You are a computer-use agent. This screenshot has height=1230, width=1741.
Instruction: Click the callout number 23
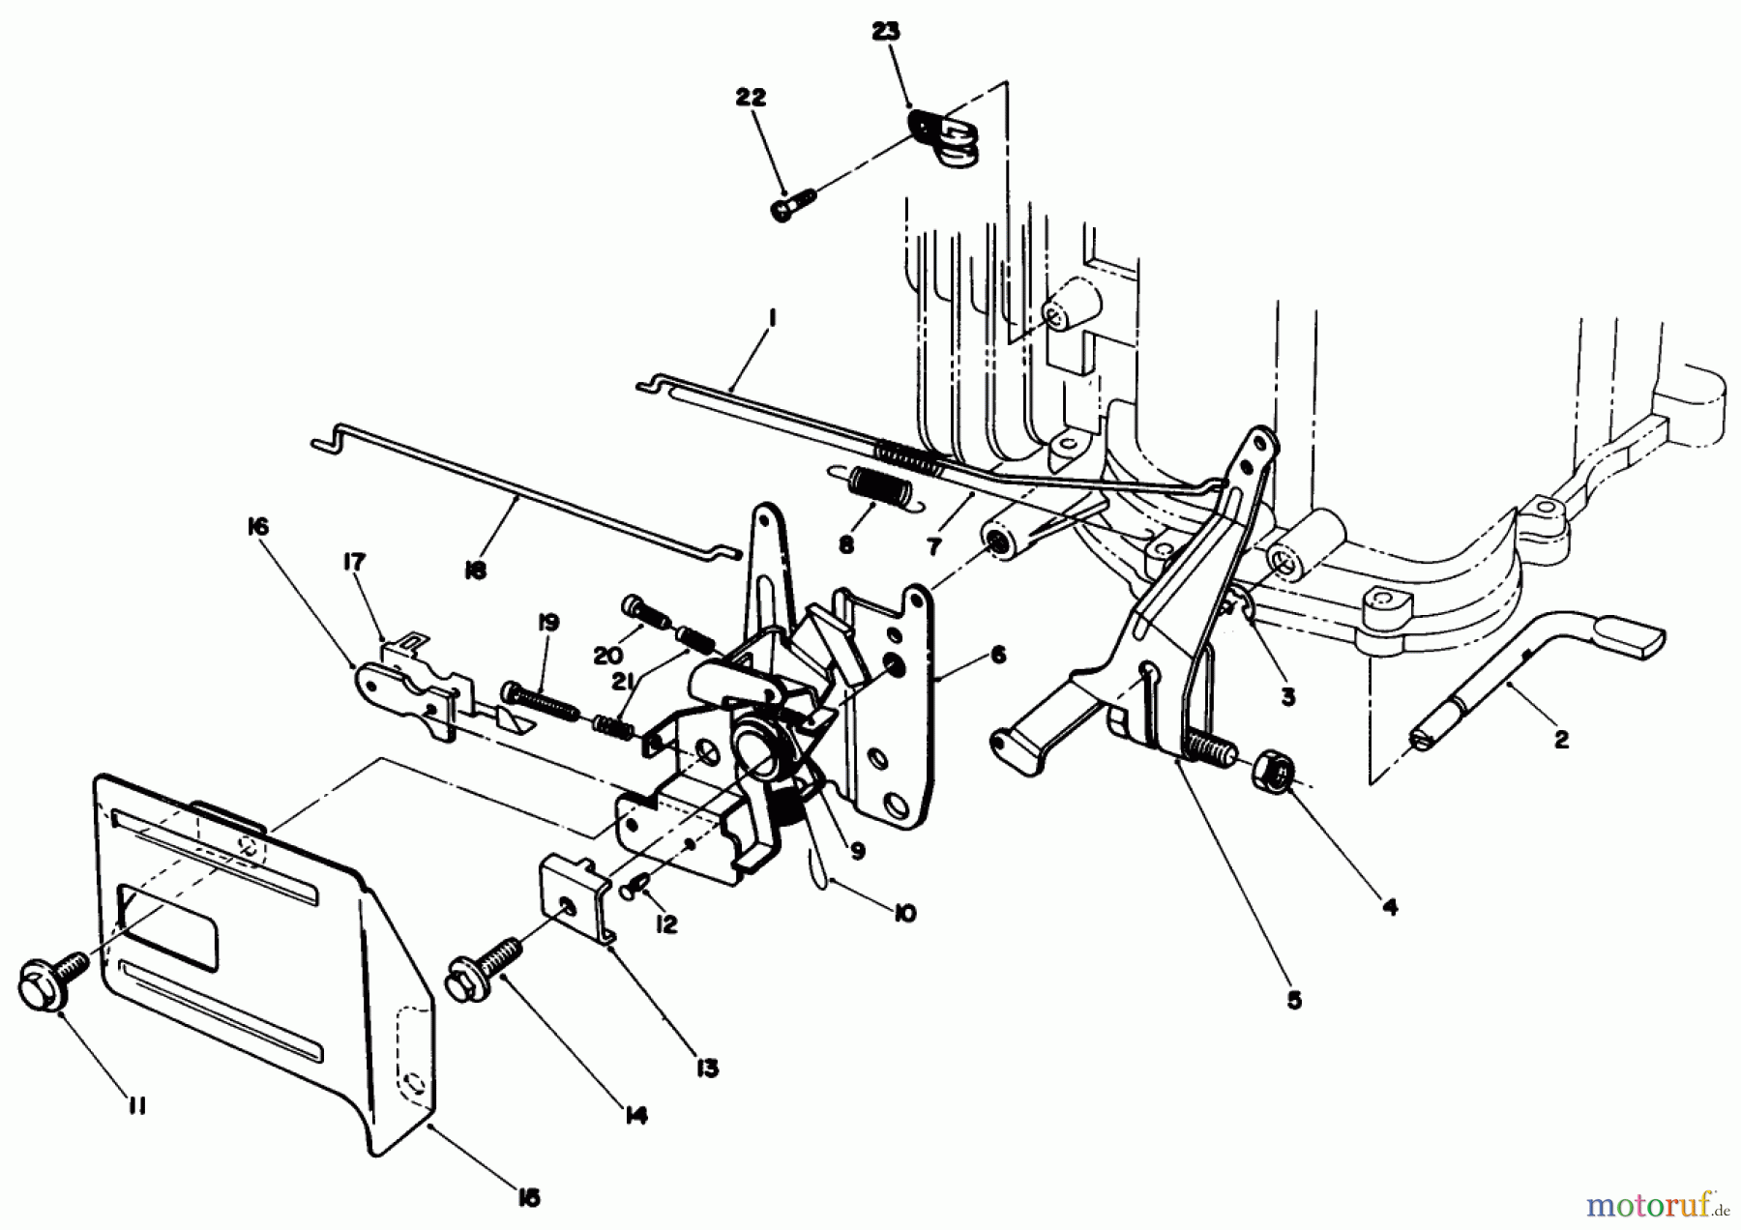pos(884,32)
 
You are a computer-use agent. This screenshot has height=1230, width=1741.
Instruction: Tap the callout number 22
pos(750,98)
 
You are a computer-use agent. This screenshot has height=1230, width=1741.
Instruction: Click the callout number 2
pos(1560,741)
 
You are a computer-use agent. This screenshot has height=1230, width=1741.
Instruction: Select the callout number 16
pos(257,527)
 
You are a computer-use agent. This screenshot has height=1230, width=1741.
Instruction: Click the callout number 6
pos(998,656)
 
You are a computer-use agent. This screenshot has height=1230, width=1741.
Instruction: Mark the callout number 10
pos(903,913)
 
